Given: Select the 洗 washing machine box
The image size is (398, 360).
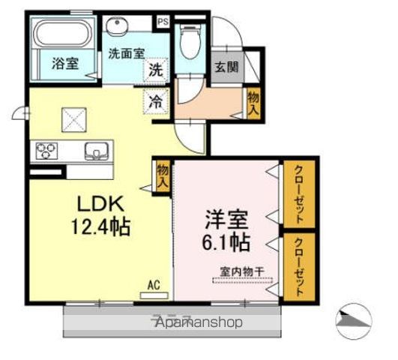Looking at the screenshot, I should [154, 71].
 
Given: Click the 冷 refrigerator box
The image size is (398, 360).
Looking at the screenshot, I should [154, 100].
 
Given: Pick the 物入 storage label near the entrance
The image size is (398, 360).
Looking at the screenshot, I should [254, 101].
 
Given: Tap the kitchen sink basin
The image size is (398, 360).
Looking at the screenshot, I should [96, 151].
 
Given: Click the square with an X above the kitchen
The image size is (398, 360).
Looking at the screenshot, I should [73, 118].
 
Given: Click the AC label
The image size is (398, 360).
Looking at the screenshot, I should [154, 284].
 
